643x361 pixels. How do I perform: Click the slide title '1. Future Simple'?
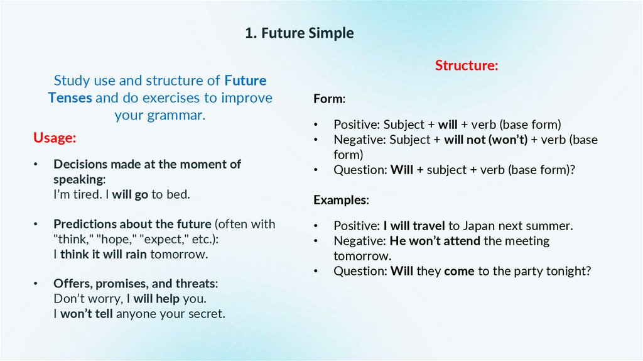tap(300, 33)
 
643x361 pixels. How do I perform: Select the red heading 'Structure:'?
tap(467, 65)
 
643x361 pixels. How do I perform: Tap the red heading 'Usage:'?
tap(55, 138)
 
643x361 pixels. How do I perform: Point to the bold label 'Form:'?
tap(329, 99)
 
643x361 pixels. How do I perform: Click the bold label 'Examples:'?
tap(341, 200)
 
